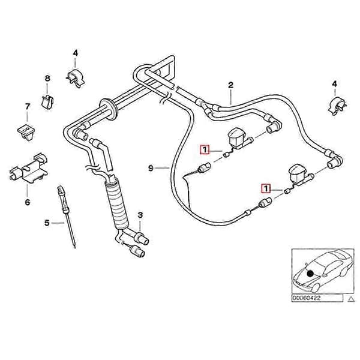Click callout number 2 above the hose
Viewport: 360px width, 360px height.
point(230,85)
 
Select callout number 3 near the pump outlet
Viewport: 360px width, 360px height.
point(140,215)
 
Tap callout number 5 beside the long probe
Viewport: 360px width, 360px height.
point(47,223)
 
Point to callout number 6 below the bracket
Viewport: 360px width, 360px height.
point(28,203)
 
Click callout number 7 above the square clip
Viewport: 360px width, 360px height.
point(28,107)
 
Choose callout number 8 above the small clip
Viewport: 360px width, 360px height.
point(47,79)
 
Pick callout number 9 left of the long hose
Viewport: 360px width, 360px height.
point(151,168)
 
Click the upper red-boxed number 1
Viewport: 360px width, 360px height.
point(205,150)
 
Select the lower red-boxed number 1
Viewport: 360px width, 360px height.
point(266,189)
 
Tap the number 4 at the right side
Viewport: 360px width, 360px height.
point(335,84)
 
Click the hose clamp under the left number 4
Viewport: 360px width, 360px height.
point(76,77)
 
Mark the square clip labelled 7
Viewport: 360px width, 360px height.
point(26,132)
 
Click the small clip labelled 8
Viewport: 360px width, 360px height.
point(47,101)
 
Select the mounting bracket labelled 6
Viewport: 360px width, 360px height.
point(28,168)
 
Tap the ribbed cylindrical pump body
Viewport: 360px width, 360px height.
point(116,204)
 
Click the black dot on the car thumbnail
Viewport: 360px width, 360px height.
point(310,273)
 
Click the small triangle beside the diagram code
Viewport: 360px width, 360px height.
point(351,299)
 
